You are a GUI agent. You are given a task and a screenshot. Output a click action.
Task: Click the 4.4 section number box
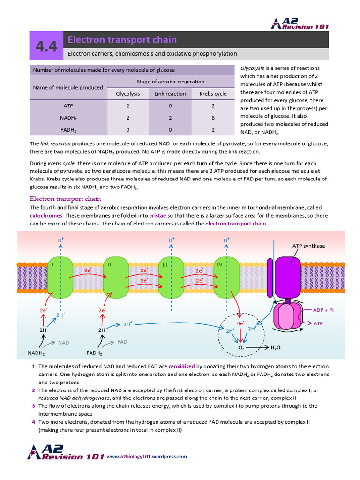point(46,46)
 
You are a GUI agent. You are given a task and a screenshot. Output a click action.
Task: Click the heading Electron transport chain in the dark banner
point(122,39)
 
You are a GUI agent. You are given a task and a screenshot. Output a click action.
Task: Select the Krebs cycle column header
point(213,94)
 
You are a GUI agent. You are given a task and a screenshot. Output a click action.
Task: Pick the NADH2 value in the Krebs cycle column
point(213,119)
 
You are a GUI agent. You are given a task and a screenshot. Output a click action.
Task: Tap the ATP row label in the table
point(68,106)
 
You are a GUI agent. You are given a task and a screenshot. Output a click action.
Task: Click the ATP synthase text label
point(308,246)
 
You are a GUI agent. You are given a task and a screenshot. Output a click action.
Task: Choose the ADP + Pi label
point(323,310)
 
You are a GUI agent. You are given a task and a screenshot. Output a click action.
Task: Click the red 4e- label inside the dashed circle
point(240,323)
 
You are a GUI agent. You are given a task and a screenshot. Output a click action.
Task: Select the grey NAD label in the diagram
point(63,343)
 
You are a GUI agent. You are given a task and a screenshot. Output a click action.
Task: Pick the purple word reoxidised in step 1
point(181,366)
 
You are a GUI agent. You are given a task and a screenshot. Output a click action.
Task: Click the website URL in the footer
point(147,456)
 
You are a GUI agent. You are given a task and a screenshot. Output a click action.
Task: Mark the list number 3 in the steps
point(33,406)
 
